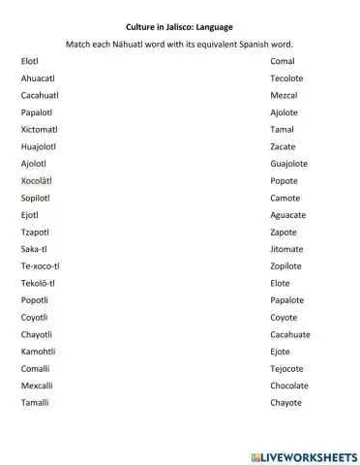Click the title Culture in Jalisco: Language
180,27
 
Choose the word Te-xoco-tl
40,265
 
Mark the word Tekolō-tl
38,283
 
